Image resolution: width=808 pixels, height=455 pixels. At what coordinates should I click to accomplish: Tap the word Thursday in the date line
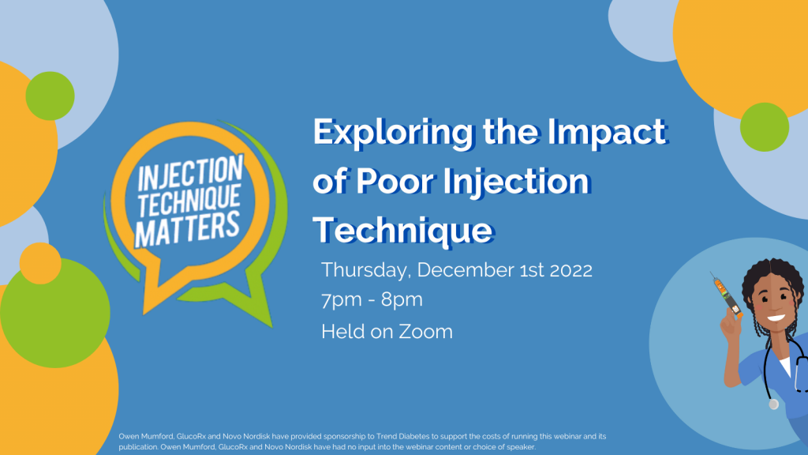point(365,270)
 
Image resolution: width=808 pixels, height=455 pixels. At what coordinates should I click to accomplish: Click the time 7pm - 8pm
point(372,300)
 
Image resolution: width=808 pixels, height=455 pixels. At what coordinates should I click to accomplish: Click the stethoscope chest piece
point(774,404)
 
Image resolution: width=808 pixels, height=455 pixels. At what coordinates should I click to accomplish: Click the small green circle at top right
point(765,126)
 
